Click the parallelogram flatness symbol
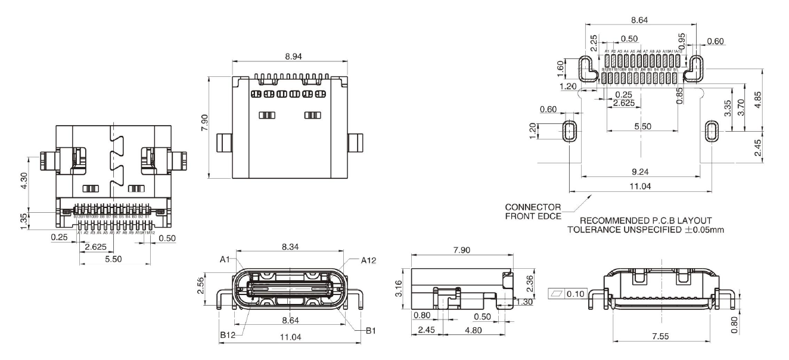tap(557, 294)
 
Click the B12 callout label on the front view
tap(227, 336)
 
